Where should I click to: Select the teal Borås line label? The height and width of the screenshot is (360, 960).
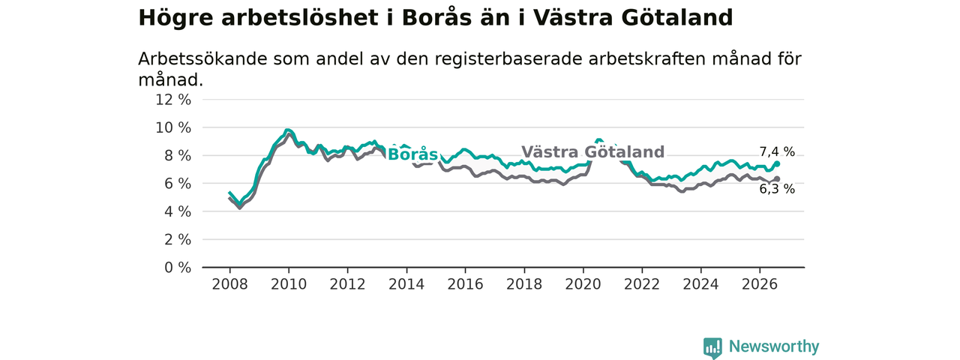point(412,154)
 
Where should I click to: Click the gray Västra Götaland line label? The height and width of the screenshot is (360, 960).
point(592,152)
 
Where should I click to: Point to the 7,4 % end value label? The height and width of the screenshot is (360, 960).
point(777,151)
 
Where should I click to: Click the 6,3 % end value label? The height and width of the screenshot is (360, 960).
point(777,189)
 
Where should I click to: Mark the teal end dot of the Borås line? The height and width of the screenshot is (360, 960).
point(777,163)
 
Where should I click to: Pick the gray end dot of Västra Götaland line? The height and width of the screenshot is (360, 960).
point(777,178)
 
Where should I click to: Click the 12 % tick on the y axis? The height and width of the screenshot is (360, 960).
point(173,100)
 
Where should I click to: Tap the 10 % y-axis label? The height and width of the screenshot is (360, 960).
point(173,127)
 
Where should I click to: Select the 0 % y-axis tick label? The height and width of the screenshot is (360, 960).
point(178,268)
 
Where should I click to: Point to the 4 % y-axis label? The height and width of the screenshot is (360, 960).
point(178,211)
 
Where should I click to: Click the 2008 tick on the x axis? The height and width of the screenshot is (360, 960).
point(229,284)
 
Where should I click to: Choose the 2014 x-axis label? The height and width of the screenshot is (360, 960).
point(406,284)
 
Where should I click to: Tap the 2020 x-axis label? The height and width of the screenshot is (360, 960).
point(583,284)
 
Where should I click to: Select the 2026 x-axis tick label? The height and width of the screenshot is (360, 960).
point(760,284)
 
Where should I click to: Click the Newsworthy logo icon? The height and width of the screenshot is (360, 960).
point(712,347)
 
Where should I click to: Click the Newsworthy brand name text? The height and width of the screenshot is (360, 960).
point(774,346)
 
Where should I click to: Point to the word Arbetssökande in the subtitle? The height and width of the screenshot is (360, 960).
point(202,58)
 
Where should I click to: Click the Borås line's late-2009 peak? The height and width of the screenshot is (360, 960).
point(287,130)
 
